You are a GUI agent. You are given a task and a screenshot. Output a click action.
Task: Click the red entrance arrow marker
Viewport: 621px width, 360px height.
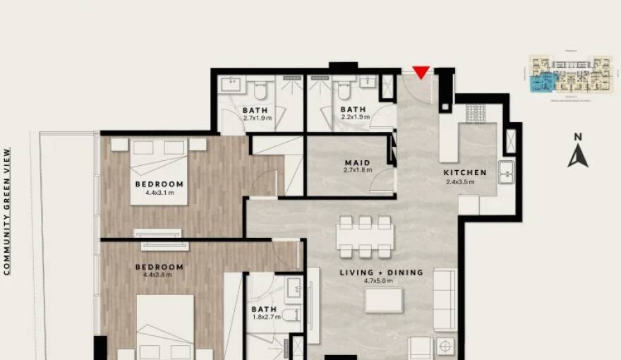click(421, 73)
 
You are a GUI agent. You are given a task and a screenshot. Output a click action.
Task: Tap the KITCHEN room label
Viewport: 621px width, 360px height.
click(465, 173)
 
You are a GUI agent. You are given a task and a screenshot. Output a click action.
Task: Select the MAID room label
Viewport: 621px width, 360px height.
click(358, 163)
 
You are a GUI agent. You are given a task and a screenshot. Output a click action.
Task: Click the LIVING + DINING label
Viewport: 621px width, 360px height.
click(381, 272)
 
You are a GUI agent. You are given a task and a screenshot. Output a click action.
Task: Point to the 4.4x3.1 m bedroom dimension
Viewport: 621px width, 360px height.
click(159, 192)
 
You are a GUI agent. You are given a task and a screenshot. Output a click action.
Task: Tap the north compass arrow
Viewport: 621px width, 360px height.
click(578, 155)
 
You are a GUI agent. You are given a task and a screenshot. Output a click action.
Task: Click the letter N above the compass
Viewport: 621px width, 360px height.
click(578, 137)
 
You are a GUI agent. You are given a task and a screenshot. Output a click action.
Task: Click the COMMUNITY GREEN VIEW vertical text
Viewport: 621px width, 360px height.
click(8, 210)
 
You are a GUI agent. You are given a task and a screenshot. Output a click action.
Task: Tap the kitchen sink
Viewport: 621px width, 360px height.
click(506, 172)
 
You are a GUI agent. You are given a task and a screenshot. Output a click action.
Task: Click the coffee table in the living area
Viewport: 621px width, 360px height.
click(384, 300)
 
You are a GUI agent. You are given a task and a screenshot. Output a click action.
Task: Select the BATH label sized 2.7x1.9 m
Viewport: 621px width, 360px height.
click(255, 110)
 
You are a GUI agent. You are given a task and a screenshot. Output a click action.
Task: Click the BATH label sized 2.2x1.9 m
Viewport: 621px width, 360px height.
click(353, 109)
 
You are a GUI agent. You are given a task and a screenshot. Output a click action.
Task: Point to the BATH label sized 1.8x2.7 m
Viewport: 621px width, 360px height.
click(264, 309)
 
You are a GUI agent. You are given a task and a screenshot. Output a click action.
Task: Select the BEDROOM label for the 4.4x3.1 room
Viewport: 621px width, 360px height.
click(159, 184)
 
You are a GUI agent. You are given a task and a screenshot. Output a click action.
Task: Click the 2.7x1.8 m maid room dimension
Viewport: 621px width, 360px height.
click(358, 171)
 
